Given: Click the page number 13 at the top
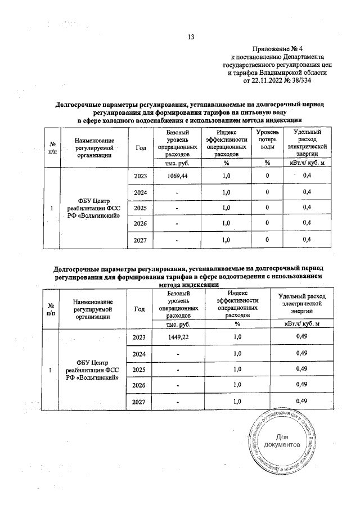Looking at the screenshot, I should pos(190,38).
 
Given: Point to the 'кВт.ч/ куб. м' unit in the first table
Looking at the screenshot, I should pos(307,163).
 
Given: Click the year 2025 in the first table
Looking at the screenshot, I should pos(140,209).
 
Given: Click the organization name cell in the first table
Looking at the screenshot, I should pos(94,209).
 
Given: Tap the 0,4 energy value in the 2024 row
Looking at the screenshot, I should pos(307,193).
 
